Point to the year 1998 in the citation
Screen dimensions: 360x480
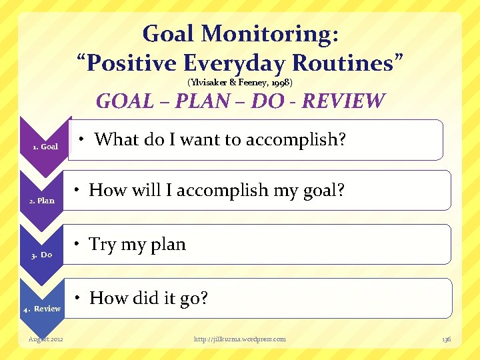(275, 83)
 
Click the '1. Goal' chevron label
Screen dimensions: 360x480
(45, 147)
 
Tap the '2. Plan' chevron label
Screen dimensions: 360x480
(41, 201)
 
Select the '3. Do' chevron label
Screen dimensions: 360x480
(41, 255)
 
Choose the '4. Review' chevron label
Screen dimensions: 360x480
(42, 309)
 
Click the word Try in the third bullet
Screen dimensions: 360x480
(102, 245)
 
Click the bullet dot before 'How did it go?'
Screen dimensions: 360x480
(79, 298)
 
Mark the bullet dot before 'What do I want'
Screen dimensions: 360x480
(81, 139)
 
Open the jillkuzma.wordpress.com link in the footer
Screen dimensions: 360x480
(239, 339)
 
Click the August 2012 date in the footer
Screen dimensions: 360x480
(46, 339)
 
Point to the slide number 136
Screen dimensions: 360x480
(446, 339)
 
